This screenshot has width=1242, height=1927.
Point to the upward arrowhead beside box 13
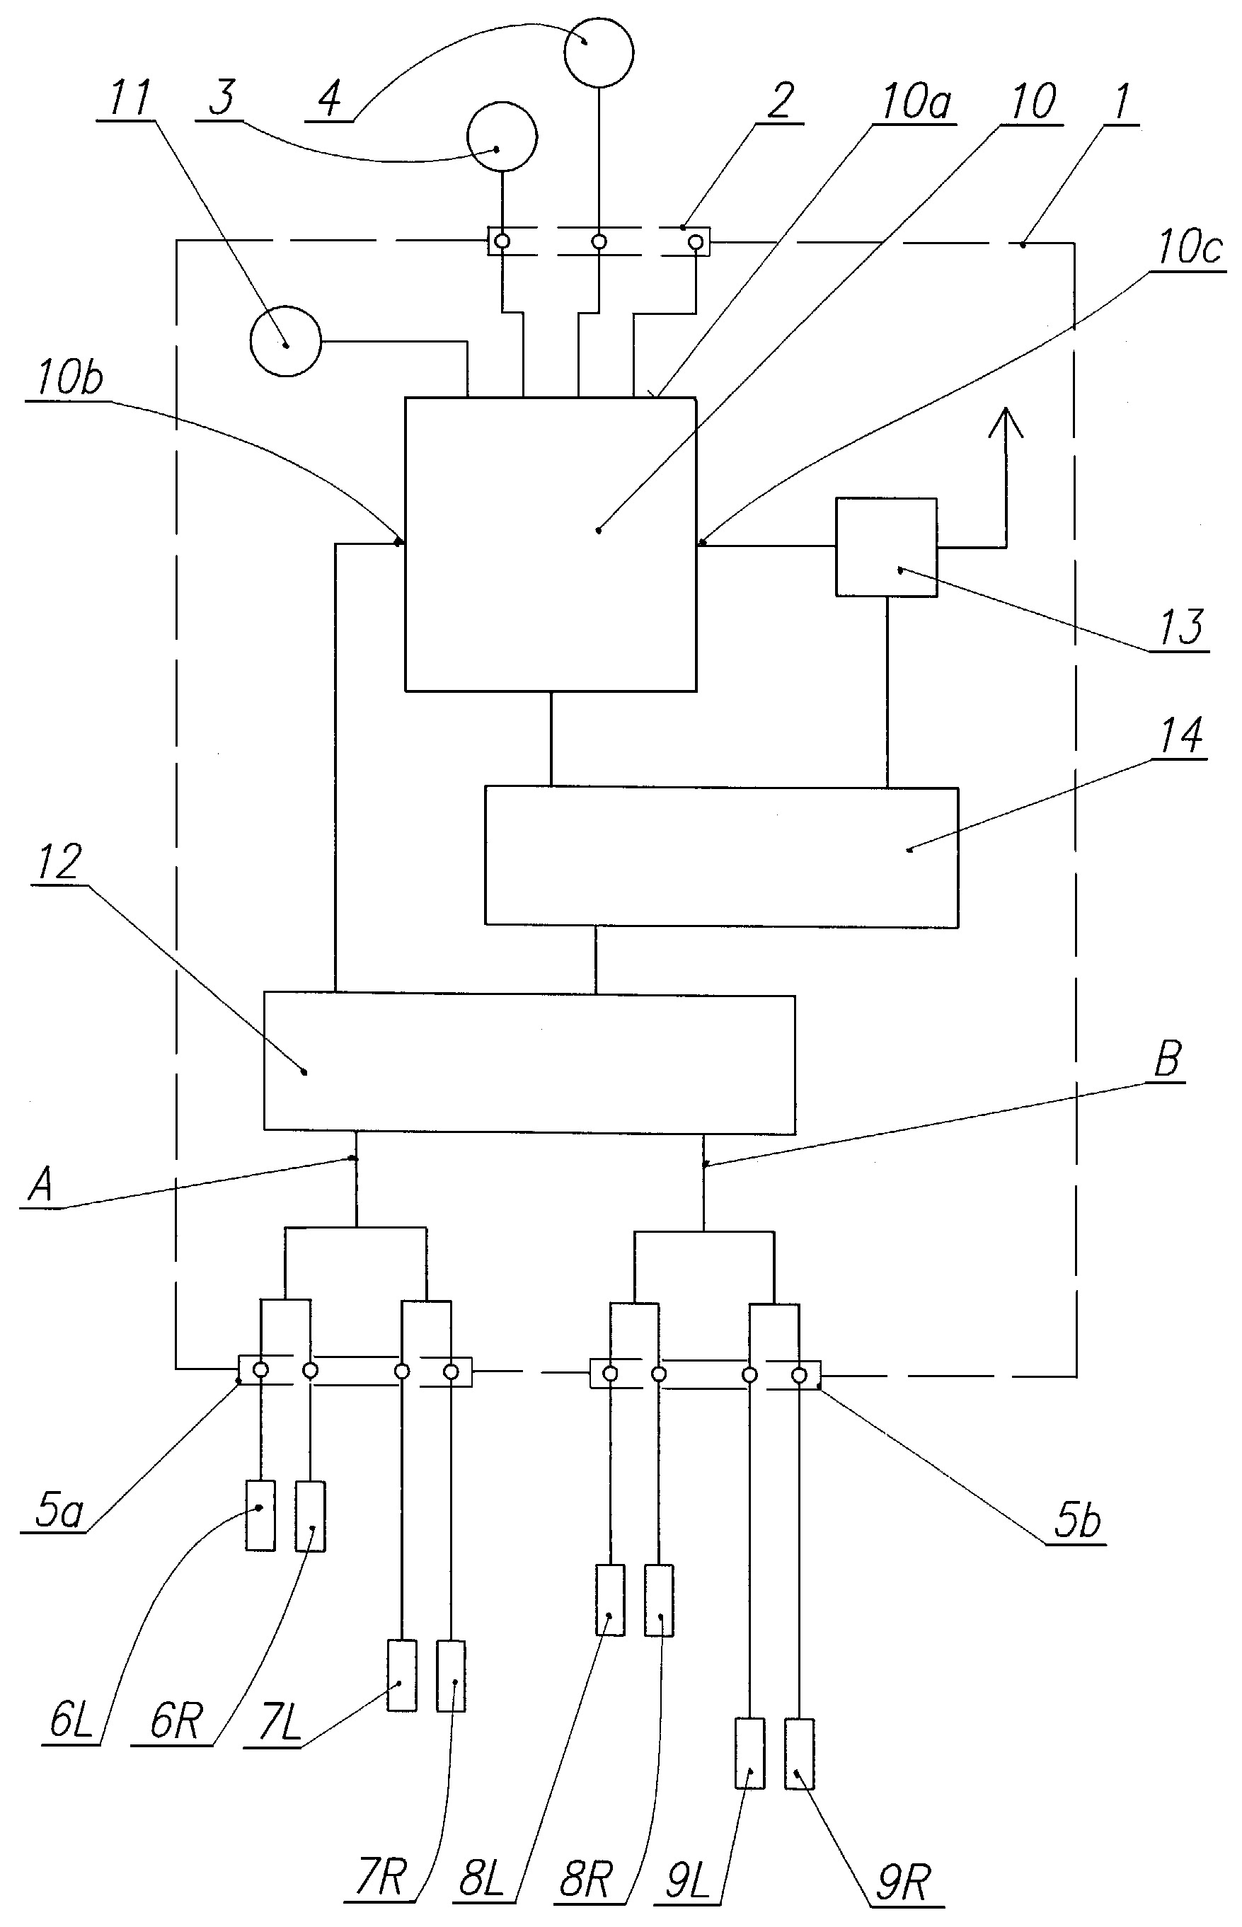tap(1006, 422)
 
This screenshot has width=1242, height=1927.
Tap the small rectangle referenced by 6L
tap(260, 1516)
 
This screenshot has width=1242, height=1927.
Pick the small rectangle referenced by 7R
tap(451, 1676)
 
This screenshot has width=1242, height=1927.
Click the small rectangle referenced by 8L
tap(611, 1599)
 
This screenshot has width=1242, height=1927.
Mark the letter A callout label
tap(40, 1185)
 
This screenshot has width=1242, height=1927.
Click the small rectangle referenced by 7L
tap(403, 1676)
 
